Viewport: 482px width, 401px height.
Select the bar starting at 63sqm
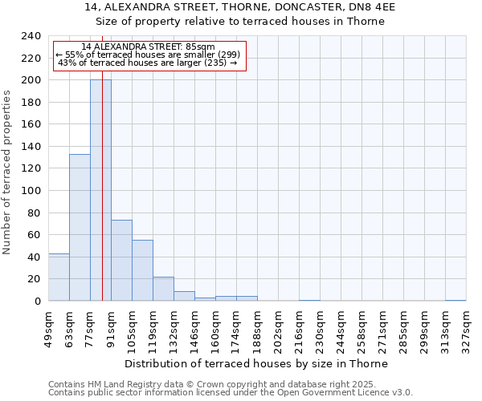coord(80,228)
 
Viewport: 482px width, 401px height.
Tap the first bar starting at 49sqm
coord(59,277)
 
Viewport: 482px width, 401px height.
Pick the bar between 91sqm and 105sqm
coord(121,261)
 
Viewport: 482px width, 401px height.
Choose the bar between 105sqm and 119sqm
coord(142,270)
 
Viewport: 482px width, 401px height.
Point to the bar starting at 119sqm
coord(163,289)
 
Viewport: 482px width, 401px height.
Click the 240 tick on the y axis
coord(32,36)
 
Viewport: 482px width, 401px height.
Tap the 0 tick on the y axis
coord(38,302)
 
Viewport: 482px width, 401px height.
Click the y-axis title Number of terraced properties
coord(7,172)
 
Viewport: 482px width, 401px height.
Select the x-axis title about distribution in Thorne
coord(256,364)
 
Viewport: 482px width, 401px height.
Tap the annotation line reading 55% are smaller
coord(148,55)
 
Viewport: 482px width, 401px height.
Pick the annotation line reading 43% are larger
coord(148,63)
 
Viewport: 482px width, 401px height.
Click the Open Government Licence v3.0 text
coord(346,392)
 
